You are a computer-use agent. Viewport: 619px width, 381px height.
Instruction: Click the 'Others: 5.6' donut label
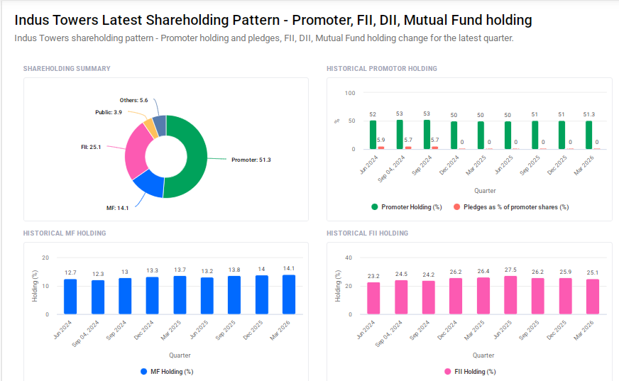pos(133,101)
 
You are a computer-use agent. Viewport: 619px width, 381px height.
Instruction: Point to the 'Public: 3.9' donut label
pos(109,112)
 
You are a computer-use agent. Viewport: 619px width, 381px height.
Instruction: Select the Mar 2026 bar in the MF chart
pos(289,294)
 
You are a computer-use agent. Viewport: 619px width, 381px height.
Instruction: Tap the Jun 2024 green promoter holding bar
pos(373,135)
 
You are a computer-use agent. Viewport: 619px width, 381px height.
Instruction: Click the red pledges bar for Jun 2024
pos(381,148)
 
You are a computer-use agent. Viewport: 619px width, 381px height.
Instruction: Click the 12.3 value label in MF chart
pos(98,274)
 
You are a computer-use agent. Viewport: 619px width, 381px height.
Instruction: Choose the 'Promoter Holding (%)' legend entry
pos(406,207)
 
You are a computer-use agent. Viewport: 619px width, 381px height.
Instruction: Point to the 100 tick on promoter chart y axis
pos(349,93)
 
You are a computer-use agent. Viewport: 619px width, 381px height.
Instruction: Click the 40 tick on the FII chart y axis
pos(349,258)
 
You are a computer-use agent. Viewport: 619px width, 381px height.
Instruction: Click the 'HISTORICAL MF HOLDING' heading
pos(65,233)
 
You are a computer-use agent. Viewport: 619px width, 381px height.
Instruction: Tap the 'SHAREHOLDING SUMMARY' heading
pos(67,69)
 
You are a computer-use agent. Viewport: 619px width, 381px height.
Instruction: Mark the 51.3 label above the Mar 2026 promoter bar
pos(589,114)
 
